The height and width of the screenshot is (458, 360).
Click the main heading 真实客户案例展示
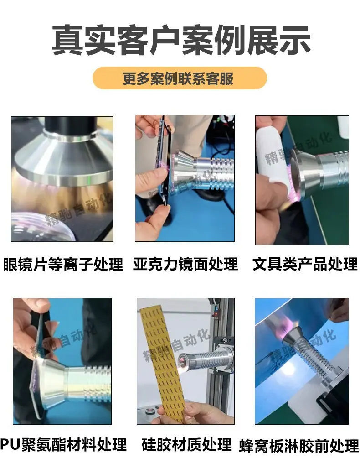coord(180,40)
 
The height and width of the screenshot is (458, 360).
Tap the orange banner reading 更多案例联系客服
coord(180,78)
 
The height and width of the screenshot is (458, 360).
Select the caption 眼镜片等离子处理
coord(63,264)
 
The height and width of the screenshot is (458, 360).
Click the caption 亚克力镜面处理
coord(185,264)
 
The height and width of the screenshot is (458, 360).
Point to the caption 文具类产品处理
coord(305,264)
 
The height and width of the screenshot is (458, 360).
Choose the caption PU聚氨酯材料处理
coord(63,445)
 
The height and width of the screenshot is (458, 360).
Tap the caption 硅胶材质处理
coord(186,445)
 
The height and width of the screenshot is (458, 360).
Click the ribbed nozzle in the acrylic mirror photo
coord(201,169)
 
